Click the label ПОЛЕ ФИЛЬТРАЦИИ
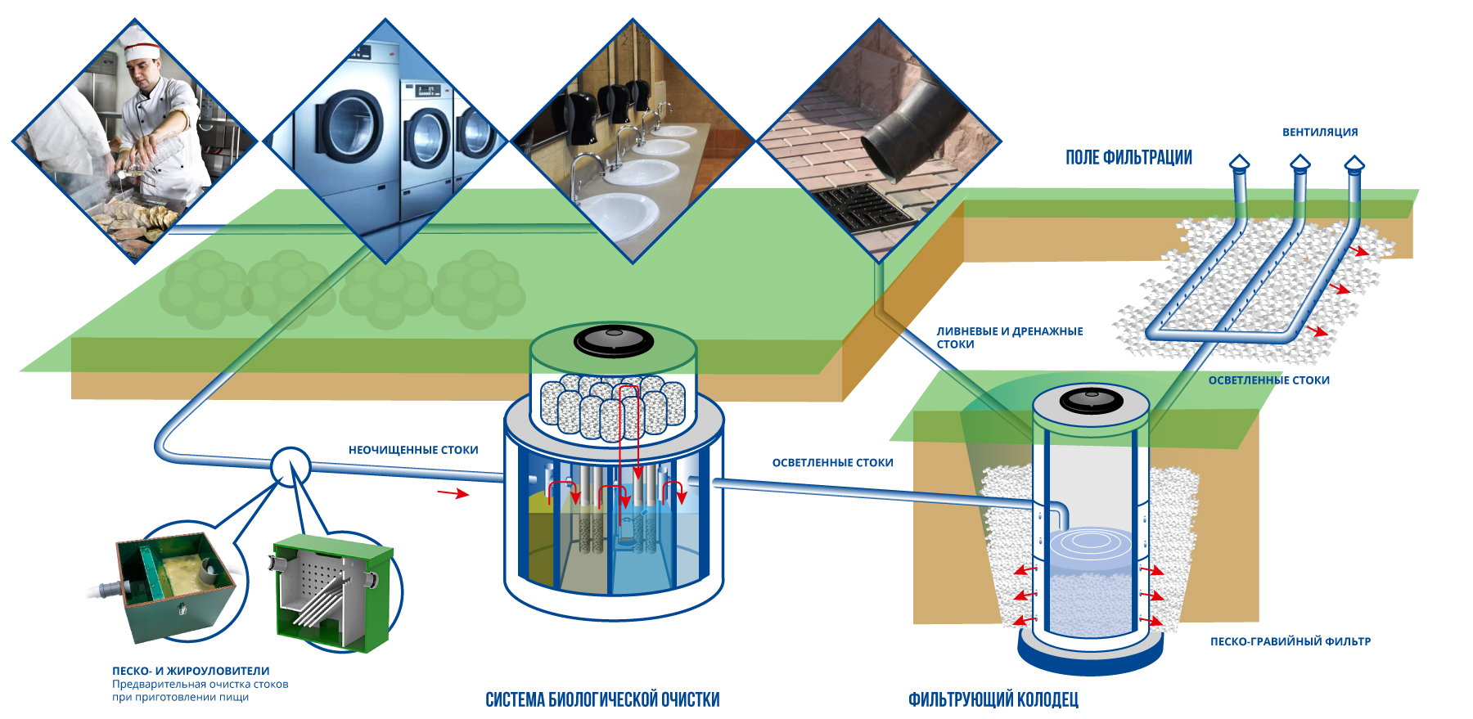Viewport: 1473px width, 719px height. coord(1128,157)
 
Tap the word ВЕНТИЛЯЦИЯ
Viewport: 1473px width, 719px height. coord(1319,132)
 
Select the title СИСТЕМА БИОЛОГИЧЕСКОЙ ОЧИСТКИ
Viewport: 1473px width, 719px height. coord(602,699)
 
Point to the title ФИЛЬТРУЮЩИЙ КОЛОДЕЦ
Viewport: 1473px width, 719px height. coord(993,699)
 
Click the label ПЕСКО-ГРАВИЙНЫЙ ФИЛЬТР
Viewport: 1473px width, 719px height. coord(1290,641)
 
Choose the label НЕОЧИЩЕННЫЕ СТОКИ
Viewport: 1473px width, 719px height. coord(413,450)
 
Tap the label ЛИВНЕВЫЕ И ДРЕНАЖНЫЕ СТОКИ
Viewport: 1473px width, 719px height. coord(1009,337)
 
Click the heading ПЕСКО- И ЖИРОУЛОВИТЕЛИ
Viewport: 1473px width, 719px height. coord(191,671)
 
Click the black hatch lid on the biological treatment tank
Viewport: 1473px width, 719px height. coord(613,339)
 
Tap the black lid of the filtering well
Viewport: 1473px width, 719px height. coord(1092,401)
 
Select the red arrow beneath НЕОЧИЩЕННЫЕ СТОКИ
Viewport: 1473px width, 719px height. coord(453,493)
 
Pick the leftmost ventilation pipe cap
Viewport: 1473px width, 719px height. coord(1240,163)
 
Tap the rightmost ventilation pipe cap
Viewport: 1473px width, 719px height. coord(1354,164)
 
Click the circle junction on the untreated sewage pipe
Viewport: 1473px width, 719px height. coord(291,467)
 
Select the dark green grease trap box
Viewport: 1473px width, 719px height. coord(176,585)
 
